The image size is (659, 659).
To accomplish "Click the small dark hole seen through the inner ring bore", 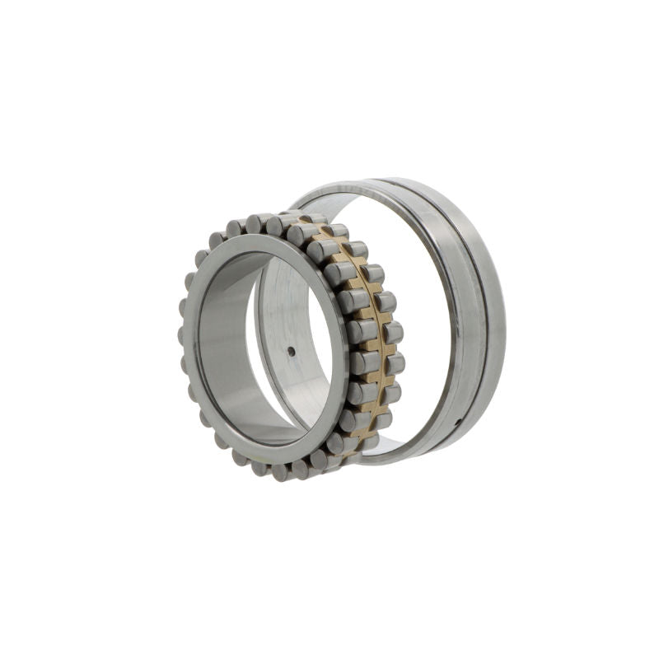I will [x=291, y=351].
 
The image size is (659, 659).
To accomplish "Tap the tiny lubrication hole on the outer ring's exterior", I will [x=458, y=422].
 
